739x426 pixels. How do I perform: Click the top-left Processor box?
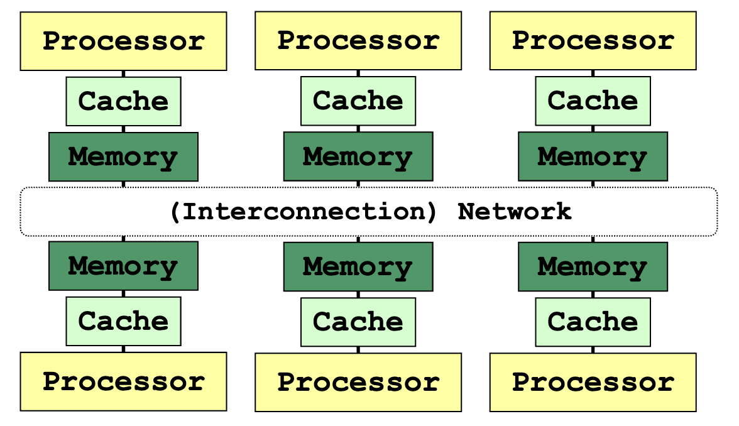tap(123, 41)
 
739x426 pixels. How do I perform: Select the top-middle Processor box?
tap(358, 40)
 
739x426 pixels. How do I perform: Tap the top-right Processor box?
tap(593, 40)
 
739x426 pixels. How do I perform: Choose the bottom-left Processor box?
tap(123, 381)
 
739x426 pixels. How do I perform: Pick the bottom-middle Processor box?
tap(358, 382)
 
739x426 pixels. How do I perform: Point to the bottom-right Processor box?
tap(593, 382)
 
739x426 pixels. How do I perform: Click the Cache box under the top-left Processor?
tap(123, 101)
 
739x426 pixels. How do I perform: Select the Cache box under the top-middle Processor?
tap(358, 101)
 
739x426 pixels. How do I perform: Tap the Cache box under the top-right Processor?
tap(593, 101)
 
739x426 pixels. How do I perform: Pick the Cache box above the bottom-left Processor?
tap(123, 321)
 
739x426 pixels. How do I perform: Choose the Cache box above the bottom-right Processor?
tap(593, 322)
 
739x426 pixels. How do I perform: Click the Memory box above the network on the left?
tap(123, 156)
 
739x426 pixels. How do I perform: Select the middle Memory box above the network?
tap(358, 156)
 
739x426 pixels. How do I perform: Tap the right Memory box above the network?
tap(593, 156)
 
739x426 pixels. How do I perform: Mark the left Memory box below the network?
tap(123, 266)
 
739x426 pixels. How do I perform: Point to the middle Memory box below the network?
tap(358, 266)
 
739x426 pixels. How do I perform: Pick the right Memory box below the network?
tap(593, 266)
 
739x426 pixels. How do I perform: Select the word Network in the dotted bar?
tap(515, 212)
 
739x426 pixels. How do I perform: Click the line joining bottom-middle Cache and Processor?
tap(358, 350)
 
